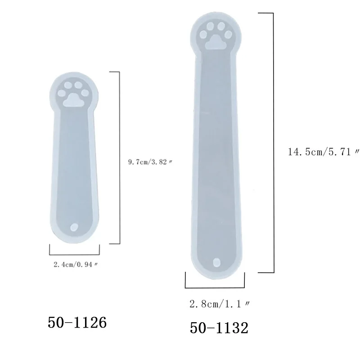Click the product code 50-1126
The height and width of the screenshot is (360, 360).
tap(77, 322)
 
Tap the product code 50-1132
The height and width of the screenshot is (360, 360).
tap(219, 328)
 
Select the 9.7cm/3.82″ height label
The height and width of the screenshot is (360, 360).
tap(150, 162)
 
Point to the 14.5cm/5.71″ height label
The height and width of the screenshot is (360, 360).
tap(324, 152)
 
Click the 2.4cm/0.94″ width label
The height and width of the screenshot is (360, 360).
tap(76, 265)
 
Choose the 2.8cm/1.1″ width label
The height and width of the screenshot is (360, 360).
tap(220, 304)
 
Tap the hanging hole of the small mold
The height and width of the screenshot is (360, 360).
tap(74, 227)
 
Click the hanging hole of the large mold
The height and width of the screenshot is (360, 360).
tap(217, 263)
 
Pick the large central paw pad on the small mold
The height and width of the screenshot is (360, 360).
tap(73, 100)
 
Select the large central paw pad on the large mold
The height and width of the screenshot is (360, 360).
tap(216, 42)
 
